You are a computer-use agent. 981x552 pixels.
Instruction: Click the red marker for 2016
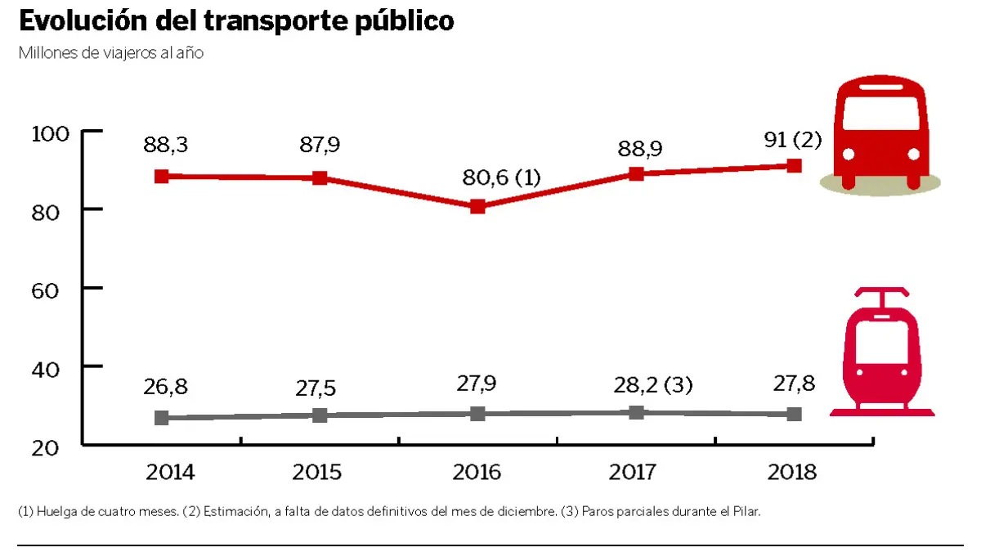click(477, 207)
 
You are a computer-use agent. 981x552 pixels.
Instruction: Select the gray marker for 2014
click(162, 418)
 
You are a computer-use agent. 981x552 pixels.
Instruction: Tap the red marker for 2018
click(794, 166)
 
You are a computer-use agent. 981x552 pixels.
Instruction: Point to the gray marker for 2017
click(636, 413)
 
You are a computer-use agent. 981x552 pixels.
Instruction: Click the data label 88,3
click(165, 145)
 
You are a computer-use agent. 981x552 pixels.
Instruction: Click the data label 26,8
click(165, 385)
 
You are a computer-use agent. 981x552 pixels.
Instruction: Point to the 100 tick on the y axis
click(53, 132)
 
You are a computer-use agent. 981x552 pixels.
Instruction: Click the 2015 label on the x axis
click(317, 473)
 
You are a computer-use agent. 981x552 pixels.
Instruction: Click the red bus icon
click(880, 132)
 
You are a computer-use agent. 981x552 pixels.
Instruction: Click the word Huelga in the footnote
click(55, 512)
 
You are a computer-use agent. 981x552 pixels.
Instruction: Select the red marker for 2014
click(162, 177)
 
